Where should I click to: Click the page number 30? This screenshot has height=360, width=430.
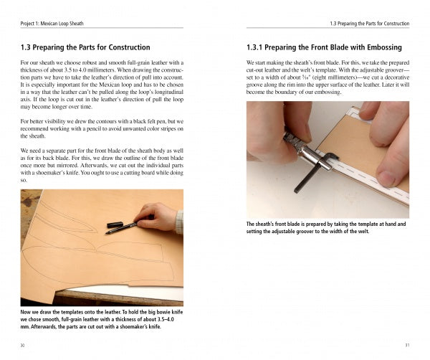[22, 344]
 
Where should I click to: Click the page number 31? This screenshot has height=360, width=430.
[406, 344]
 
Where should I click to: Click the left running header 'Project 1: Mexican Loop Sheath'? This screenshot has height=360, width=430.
[52, 23]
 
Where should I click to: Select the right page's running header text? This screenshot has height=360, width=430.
[370, 23]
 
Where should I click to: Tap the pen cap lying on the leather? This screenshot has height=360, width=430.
[114, 224]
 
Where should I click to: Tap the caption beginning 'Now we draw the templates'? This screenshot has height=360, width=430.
[101, 321]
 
